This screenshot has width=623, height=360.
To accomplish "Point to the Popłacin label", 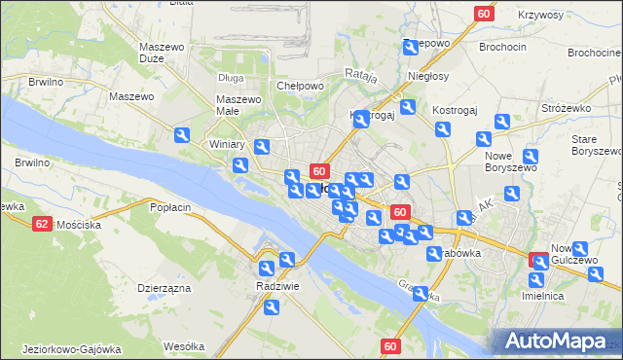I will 168,207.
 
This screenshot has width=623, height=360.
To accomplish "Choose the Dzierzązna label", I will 164,288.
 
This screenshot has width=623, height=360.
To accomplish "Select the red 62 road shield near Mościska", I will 41,224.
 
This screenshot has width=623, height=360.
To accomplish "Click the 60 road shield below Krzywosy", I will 485,14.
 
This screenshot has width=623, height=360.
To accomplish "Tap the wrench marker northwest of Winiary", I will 182,136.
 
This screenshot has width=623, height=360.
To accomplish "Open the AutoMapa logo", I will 558,341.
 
